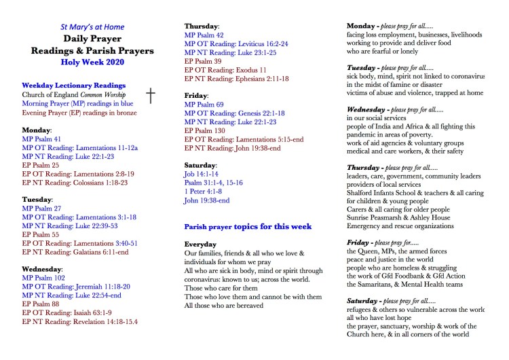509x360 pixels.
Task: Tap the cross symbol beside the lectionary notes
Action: click(151, 95)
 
